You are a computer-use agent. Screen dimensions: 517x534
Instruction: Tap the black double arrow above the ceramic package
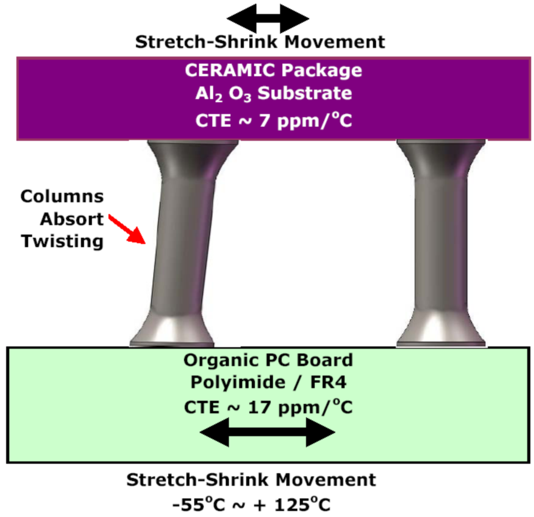(x=268, y=19)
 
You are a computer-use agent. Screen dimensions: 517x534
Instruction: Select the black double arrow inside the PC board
(x=267, y=432)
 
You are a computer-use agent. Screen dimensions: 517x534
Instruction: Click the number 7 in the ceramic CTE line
(x=264, y=121)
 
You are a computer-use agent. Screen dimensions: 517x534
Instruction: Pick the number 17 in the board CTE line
(x=258, y=407)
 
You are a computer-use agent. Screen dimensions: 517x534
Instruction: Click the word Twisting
(x=62, y=241)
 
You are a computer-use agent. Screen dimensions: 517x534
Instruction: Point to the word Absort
(x=72, y=219)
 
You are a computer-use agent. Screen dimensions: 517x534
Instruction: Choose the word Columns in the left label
(x=62, y=196)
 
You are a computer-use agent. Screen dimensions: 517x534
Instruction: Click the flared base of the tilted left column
(x=172, y=330)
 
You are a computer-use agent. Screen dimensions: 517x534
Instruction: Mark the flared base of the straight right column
(x=441, y=330)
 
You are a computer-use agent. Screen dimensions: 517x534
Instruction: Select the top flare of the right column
(x=441, y=155)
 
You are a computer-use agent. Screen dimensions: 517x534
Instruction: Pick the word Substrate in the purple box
(x=304, y=93)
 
